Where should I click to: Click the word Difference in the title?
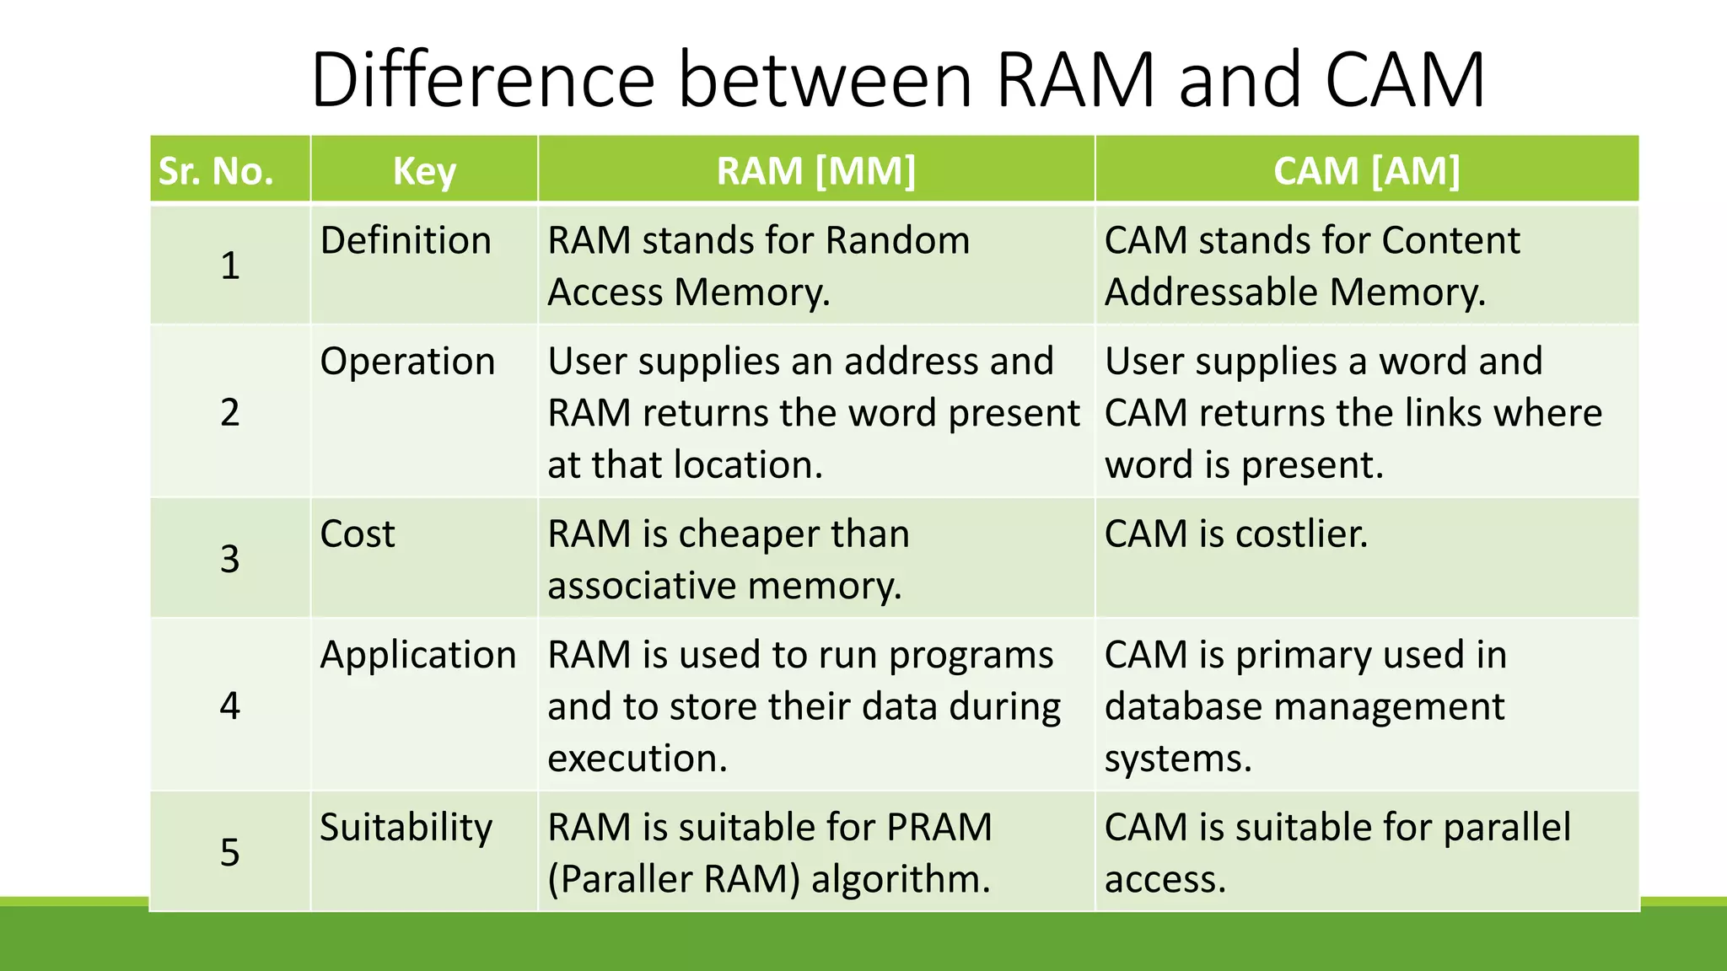click(x=482, y=80)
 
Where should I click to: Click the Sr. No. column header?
click(x=216, y=171)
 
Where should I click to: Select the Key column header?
click(x=424, y=171)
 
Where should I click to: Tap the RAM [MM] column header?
click(x=815, y=171)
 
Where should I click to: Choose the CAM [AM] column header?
click(x=1366, y=171)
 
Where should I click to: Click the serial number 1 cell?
click(x=229, y=266)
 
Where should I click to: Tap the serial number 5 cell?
click(x=229, y=852)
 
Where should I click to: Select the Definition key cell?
click(x=406, y=241)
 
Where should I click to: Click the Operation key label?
click(x=407, y=362)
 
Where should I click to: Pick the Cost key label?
click(x=358, y=534)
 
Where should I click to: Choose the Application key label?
click(x=417, y=655)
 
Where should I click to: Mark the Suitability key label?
click(x=406, y=828)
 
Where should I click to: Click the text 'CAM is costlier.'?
click(x=1235, y=534)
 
